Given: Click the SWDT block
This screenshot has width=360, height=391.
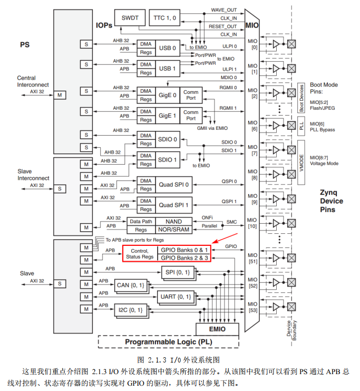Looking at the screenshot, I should tap(130, 18).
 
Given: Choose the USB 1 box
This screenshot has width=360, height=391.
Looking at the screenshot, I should tap(167, 69).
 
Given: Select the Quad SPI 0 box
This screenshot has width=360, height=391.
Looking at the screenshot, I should tap(174, 185).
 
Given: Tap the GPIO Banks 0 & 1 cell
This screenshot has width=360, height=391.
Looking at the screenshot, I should tap(184, 249).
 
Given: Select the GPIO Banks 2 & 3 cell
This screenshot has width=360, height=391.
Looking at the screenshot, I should tap(184, 258).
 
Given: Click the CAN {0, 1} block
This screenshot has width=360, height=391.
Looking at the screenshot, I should tap(130, 285).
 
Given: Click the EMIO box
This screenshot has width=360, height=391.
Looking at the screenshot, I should tap(217, 329).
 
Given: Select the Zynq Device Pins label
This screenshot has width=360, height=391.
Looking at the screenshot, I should tap(332, 201).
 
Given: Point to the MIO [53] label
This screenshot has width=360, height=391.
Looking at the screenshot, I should tap(252, 308).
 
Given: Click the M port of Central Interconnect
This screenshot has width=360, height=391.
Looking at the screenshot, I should tap(60, 95).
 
